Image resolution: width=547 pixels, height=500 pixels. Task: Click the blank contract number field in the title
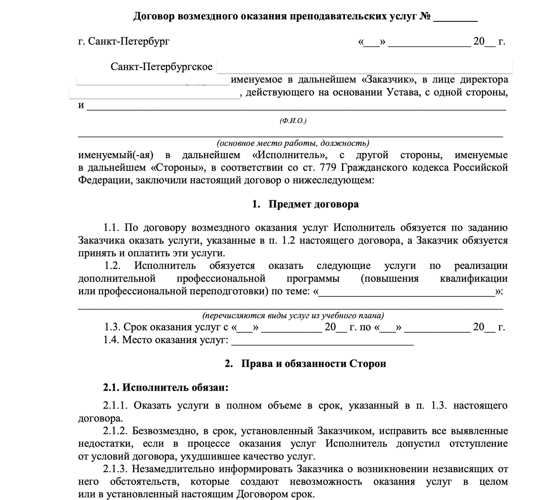click(x=455, y=18)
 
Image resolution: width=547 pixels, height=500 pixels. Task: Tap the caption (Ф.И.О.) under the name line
click(x=293, y=121)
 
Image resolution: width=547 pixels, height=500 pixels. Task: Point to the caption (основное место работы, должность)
click(x=293, y=143)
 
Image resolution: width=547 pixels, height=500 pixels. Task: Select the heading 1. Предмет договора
click(x=305, y=204)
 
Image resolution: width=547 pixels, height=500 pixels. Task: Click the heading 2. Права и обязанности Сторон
click(x=305, y=364)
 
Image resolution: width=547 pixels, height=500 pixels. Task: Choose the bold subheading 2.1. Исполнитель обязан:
click(x=166, y=388)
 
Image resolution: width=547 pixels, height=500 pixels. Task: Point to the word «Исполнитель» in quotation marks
click(x=289, y=155)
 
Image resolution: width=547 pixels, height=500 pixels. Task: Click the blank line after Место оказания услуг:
click(x=323, y=341)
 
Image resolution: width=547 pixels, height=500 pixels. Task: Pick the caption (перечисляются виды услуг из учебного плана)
click(x=293, y=315)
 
